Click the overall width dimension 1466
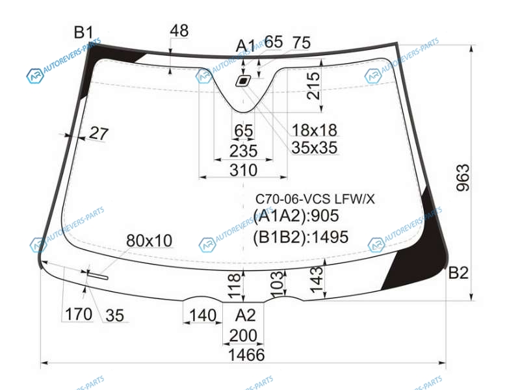point(246,355)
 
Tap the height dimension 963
point(463,177)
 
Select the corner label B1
point(84,32)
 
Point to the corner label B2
point(458,273)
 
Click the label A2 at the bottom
point(246,315)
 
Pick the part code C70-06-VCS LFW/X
point(315,199)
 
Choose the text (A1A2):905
point(296,216)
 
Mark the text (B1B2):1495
point(300,237)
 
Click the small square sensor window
point(243,81)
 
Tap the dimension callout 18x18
point(314,130)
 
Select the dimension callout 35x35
point(314,148)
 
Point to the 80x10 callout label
point(149,240)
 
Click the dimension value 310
point(243,170)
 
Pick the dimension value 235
point(243,151)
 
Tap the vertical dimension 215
point(313,86)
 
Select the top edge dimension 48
point(179,31)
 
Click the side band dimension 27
point(99,134)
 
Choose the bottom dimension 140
point(203,315)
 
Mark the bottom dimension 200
point(243,335)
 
